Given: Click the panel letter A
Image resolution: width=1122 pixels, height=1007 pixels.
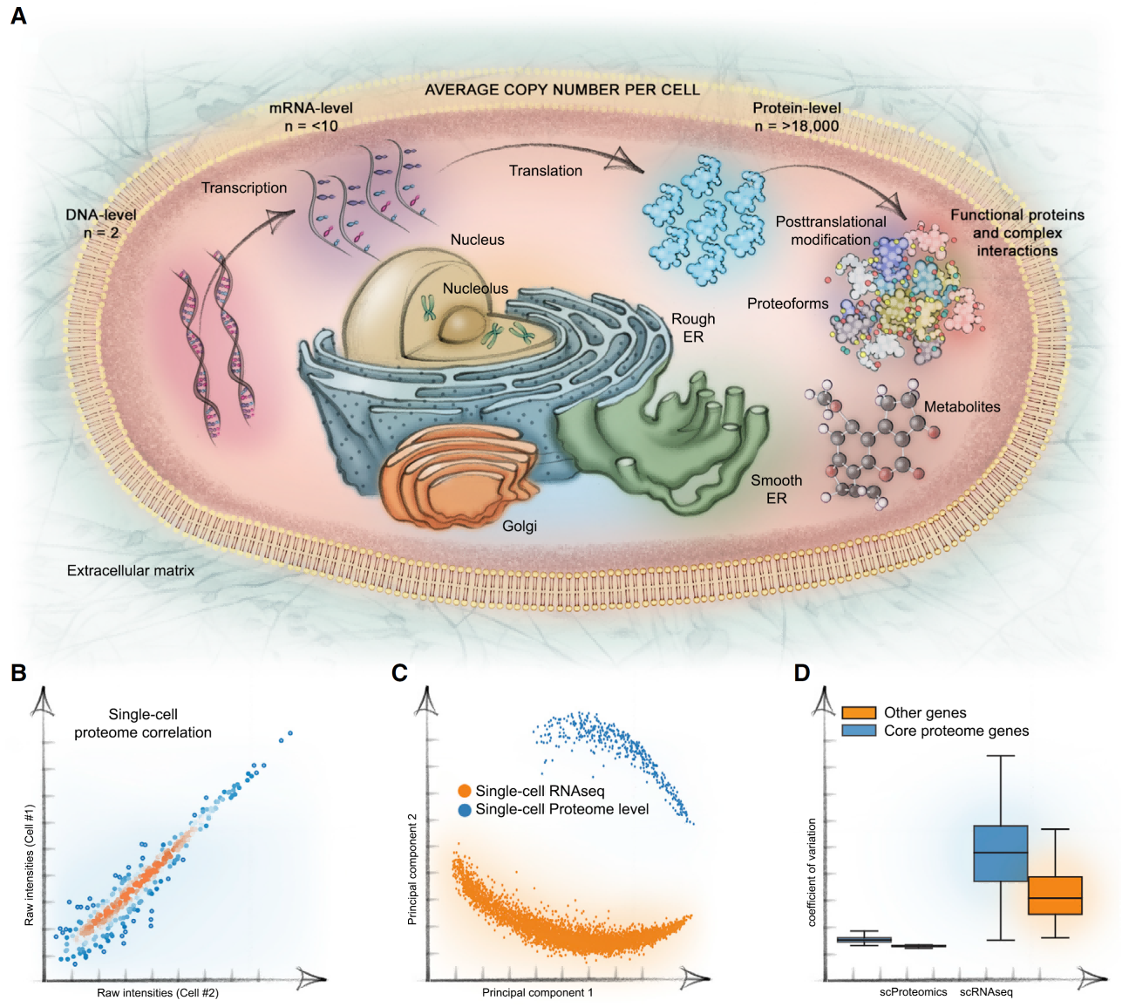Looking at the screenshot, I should [18, 16].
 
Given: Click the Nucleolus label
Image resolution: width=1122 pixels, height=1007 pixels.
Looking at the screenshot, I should [475, 289].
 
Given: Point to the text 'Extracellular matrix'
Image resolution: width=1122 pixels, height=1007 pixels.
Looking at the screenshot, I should [131, 570].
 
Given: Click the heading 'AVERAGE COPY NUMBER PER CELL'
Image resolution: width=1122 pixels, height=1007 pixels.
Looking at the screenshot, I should [561, 90].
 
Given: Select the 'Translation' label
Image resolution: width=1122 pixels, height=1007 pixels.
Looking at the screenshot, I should [546, 171].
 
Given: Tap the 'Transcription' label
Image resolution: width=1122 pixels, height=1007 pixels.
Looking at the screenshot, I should [244, 187].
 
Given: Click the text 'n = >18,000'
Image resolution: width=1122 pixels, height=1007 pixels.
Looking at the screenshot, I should [797, 126].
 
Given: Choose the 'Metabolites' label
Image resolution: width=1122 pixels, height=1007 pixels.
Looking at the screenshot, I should [962, 407].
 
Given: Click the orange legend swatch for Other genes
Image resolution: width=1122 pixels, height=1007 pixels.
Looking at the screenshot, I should [859, 713].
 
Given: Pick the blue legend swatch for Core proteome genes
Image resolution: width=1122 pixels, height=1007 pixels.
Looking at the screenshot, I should [859, 731].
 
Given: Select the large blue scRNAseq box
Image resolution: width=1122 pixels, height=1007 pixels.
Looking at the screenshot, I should [1000, 853].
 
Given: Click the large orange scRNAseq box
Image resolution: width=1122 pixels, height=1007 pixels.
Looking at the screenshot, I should [1055, 895].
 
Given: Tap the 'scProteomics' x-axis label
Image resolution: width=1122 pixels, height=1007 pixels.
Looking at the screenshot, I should [913, 992].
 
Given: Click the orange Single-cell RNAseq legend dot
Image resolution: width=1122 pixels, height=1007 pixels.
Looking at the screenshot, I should [465, 792].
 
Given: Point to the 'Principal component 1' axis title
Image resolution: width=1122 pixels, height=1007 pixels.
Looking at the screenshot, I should [537, 993].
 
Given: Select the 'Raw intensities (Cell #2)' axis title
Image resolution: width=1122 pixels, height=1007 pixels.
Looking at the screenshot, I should [158, 993].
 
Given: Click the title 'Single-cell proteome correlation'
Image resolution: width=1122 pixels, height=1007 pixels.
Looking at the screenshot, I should [143, 724].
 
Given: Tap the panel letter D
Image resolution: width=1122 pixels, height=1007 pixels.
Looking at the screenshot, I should [802, 672].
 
